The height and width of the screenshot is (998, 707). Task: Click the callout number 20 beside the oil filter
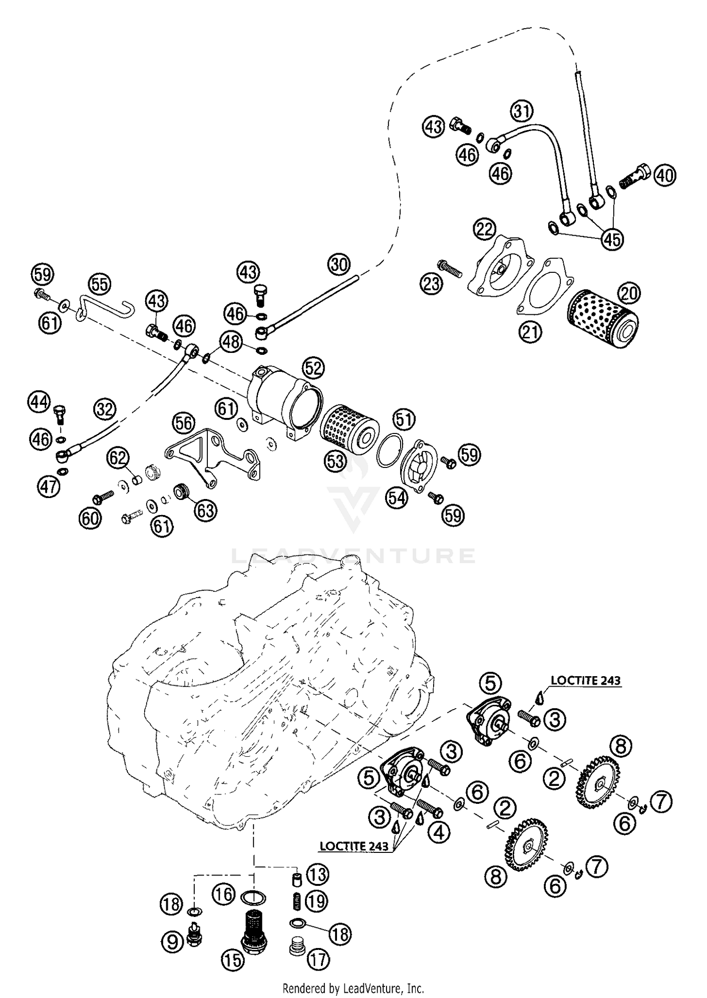click(x=629, y=294)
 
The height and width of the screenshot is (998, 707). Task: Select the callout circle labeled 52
click(x=313, y=368)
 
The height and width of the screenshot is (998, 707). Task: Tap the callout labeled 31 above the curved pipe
click(x=521, y=112)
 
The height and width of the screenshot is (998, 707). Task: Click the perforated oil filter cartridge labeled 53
click(x=349, y=427)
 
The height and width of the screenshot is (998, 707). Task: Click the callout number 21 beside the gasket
click(x=531, y=333)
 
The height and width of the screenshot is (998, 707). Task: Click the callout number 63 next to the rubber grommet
click(x=206, y=510)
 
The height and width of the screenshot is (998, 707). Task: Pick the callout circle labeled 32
click(x=104, y=409)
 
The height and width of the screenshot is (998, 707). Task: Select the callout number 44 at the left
click(x=39, y=402)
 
